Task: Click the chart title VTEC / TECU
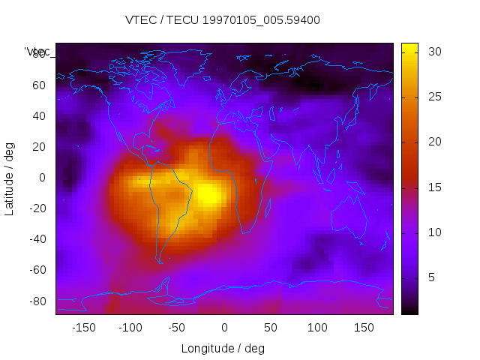(x=222, y=20)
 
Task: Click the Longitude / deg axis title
(x=223, y=348)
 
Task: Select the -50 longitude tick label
(x=177, y=327)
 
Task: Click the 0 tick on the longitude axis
(x=223, y=327)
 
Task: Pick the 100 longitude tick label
(x=317, y=327)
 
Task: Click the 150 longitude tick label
(x=364, y=327)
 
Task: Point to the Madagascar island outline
(x=268, y=206)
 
